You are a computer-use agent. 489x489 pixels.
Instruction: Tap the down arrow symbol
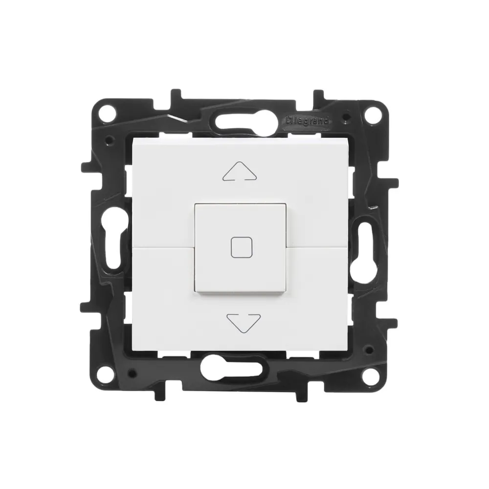click(244, 323)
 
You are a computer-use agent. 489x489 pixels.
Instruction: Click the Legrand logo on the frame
click(308, 121)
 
